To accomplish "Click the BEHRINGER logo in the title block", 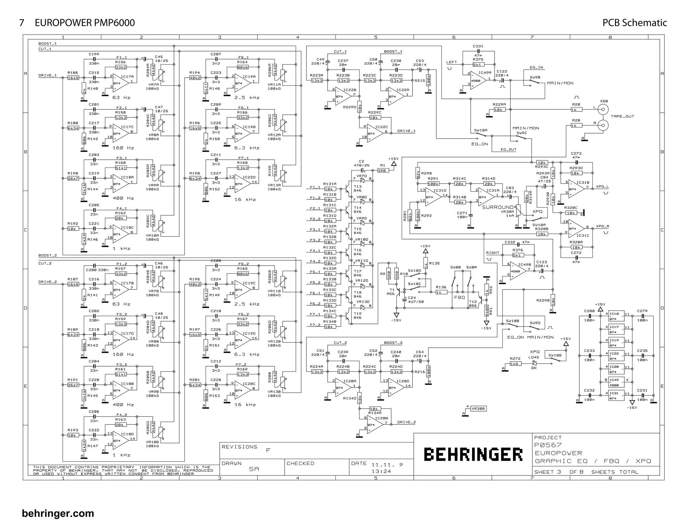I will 472,454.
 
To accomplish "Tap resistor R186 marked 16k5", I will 73,78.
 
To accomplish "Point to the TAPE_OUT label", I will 622,116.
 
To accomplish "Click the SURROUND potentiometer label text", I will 498,207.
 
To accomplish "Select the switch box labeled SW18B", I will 554,355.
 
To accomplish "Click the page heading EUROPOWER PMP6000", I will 85,23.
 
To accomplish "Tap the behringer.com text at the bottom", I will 58,514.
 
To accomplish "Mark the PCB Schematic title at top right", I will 634,23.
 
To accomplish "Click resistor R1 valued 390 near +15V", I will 383,170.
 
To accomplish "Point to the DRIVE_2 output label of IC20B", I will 406,422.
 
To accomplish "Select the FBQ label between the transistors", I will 459,297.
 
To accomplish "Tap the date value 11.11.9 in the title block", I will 387,464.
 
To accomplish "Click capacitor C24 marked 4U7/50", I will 405,299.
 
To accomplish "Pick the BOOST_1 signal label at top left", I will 47,44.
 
